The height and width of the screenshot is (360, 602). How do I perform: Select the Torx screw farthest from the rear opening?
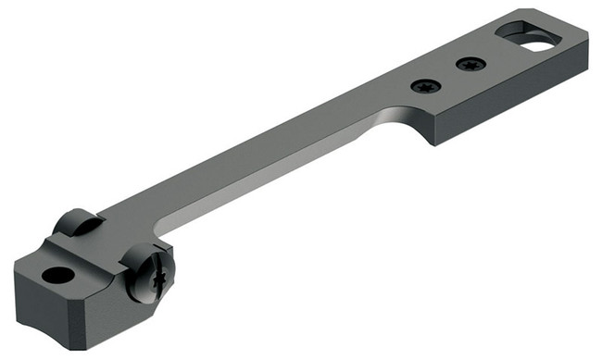[427, 87]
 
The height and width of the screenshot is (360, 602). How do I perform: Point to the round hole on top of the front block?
[58, 275]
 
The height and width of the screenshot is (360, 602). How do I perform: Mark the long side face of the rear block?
[509, 106]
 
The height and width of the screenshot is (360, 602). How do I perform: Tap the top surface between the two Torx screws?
[447, 76]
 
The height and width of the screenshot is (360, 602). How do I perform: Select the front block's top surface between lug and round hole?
[69, 250]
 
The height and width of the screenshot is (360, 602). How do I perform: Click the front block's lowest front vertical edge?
[97, 329]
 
